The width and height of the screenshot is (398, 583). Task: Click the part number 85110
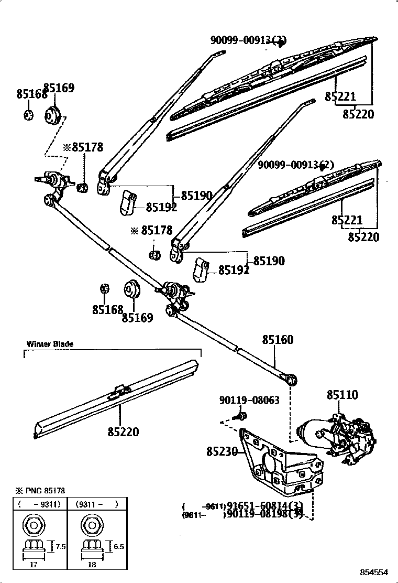[342, 395]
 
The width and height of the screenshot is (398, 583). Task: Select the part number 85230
[222, 451]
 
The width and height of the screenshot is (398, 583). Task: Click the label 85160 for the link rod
[278, 340]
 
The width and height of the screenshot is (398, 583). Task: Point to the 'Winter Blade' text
[50, 344]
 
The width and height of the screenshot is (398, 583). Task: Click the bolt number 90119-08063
[249, 401]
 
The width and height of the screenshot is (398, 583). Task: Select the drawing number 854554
[374, 572]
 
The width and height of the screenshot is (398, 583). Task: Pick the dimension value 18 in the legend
[92, 565]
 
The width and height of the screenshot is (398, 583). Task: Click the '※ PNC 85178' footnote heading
[40, 491]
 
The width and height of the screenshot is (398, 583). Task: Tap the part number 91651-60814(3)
[264, 506]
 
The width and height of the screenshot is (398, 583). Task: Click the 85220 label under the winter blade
[124, 431]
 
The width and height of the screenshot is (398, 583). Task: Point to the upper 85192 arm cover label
[161, 207]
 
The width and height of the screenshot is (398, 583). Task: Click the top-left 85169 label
[59, 88]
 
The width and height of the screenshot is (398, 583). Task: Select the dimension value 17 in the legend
[32, 565]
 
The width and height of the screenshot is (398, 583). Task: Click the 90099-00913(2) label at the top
[249, 40]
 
